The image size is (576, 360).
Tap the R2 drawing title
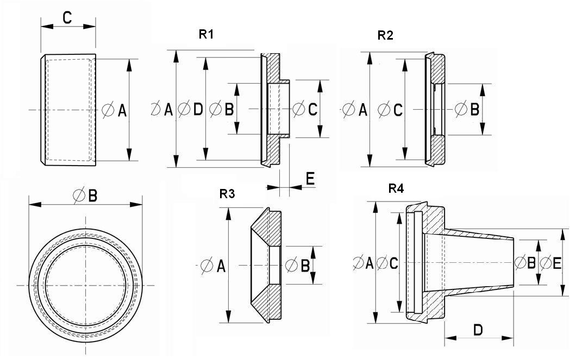point(385,36)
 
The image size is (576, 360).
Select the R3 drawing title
point(227,194)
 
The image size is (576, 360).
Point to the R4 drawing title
point(396,189)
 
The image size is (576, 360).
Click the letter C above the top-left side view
point(67,18)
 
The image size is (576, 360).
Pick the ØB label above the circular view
point(86,196)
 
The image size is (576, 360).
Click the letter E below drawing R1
point(310,179)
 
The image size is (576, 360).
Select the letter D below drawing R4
point(478,330)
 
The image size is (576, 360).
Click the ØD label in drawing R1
point(191,110)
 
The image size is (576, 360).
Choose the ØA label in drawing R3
point(213,266)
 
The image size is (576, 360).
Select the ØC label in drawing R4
point(387,263)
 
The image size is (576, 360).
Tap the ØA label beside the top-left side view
point(115,111)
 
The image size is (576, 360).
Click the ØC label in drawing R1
point(305,110)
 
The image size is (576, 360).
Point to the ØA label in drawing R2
point(355,110)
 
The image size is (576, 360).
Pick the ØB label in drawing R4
point(525,263)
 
